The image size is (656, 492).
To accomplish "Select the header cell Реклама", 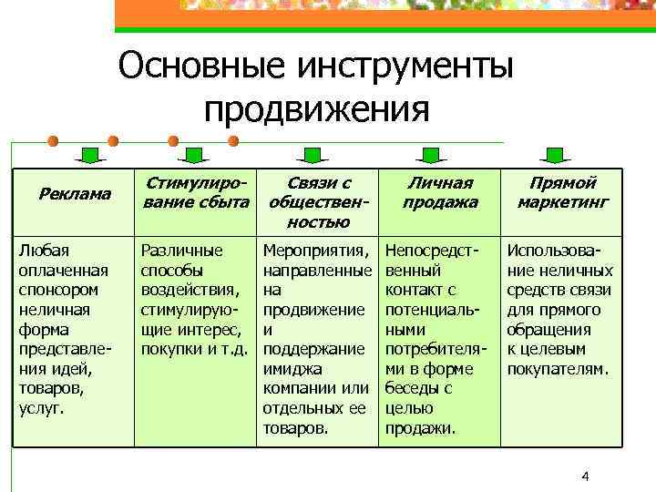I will pyautogui.click(x=76, y=193).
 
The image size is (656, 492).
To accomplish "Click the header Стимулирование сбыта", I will pyautogui.click(x=195, y=192).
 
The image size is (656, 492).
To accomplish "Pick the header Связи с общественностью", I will pyautogui.click(x=318, y=201).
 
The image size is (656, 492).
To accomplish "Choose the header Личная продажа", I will pyautogui.click(x=440, y=192).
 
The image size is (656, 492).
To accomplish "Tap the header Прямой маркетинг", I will pyautogui.click(x=562, y=192).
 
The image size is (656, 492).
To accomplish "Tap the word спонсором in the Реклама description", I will pyautogui.click(x=56, y=290).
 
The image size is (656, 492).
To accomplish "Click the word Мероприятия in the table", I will pyautogui.click(x=316, y=250).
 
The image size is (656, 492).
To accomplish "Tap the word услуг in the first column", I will pyautogui.click(x=39, y=409).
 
